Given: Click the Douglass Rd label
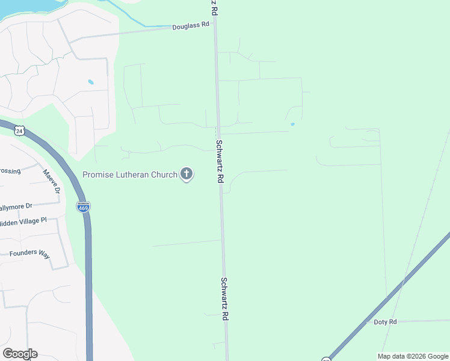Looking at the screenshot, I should [190, 26].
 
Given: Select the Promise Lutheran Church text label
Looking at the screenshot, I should [130, 174].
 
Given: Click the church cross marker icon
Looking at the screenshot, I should [186, 174].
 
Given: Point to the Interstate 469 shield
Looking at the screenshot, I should [83, 207].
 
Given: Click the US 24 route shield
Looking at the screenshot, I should [20, 130].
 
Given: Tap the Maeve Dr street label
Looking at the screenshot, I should [52, 182].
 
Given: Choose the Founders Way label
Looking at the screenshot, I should [29, 253].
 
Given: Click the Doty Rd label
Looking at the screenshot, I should [385, 322].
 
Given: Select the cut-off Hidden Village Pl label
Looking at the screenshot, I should [23, 221].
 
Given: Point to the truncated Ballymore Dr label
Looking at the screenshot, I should [16, 206].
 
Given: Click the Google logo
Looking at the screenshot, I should [20, 354].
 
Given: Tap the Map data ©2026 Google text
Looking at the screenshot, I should [413, 356].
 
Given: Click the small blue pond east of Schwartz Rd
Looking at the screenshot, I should [292, 125].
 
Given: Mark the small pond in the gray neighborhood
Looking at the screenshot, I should [91, 82].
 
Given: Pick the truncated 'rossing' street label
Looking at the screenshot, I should [10, 171].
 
